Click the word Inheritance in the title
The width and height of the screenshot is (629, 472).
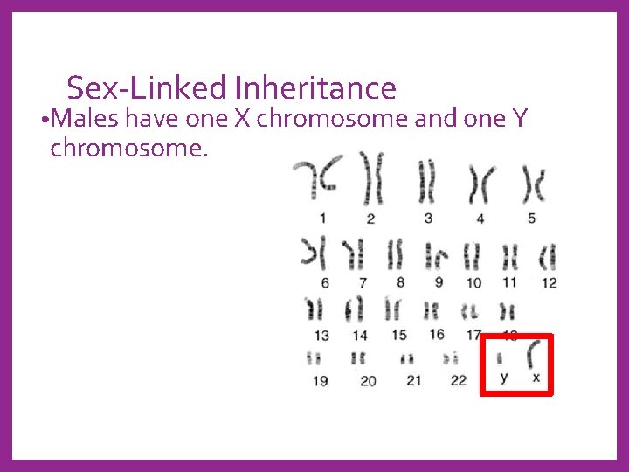point(314,88)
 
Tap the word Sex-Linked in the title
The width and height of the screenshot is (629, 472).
point(146,88)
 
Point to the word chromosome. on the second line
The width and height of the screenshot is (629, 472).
point(129,148)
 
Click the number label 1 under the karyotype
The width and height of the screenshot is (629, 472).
point(323,218)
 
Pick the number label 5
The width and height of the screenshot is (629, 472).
point(531,218)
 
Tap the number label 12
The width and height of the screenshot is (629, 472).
point(549,282)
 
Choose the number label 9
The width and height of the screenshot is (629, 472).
point(439,282)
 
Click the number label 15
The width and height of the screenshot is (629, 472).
point(399,334)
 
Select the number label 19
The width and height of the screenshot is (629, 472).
point(321,380)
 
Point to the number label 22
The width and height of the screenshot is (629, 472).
point(459,379)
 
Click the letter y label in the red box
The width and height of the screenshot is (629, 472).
point(503,378)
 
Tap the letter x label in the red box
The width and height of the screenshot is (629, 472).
point(536,378)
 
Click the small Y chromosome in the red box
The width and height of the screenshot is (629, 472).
point(500,357)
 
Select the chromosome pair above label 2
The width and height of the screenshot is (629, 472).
point(373,180)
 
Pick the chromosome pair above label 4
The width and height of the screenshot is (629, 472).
point(478,184)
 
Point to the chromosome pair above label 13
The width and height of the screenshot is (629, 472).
point(314,310)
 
